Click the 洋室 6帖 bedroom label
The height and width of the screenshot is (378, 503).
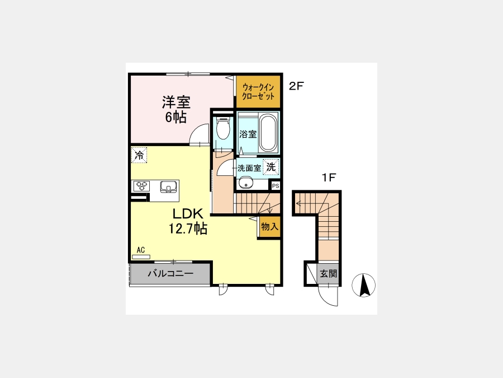[176, 110]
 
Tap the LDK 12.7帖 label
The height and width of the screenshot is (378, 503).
[188, 221]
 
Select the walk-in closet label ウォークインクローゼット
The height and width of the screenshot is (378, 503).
[258, 92]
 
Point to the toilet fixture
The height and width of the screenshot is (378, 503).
[223, 128]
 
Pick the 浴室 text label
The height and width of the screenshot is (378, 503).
[248, 134]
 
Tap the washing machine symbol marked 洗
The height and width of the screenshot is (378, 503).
[271, 167]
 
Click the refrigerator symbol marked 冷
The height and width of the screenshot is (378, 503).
[139, 155]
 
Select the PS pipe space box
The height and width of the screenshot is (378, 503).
[276, 186]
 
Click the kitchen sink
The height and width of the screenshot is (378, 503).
[168, 186]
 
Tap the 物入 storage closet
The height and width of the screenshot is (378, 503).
[269, 227]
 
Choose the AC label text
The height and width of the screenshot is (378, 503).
[140, 250]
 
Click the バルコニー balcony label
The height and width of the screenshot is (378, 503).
[170, 273]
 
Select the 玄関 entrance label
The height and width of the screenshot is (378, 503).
[329, 274]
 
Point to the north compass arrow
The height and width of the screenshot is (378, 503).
[363, 285]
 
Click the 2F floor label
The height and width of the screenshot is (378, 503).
[296, 86]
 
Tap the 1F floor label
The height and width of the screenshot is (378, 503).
[329, 178]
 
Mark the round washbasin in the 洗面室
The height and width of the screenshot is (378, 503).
[246, 184]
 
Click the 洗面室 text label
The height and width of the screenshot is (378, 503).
[249, 168]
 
